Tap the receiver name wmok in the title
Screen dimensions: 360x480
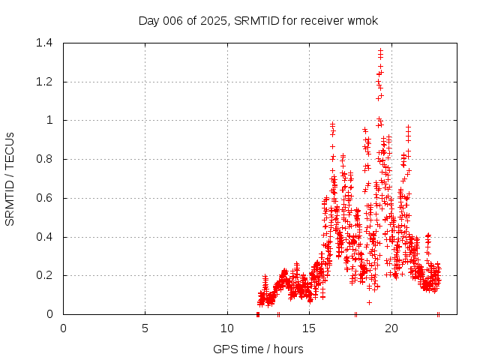[362, 20]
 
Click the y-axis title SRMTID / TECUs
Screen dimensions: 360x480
[10, 178]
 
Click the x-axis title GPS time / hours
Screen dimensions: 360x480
[258, 349]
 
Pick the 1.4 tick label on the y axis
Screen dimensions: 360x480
[44, 43]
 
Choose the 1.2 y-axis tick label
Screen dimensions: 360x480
[44, 82]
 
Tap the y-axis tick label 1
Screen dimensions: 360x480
[50, 120]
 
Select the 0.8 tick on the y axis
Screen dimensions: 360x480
[44, 159]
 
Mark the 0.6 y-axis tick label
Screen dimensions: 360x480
[44, 198]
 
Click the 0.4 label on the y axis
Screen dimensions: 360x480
[44, 237]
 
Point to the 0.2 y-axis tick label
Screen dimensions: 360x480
[44, 275]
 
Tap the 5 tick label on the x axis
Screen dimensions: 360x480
[145, 328]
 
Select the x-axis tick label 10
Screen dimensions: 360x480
[227, 328]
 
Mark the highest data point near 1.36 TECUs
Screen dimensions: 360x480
[381, 50]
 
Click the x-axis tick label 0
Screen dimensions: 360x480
[63, 328]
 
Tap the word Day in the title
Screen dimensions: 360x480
[149, 20]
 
